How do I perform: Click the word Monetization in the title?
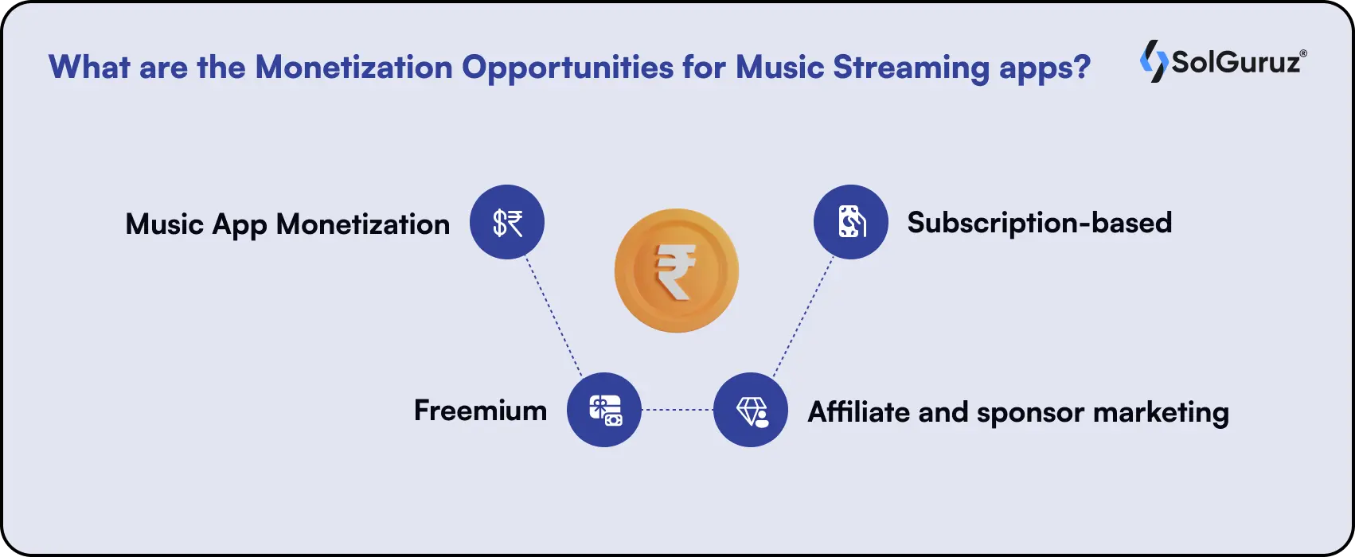(353, 67)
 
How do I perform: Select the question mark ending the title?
(1082, 67)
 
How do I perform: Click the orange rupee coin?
(676, 271)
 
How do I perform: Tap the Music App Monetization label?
(287, 224)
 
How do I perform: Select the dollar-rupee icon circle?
(507, 222)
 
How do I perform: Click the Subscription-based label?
(1039, 223)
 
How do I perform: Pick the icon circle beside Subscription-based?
(850, 222)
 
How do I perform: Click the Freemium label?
(480, 411)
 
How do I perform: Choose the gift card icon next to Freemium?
(604, 410)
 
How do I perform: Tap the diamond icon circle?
(750, 410)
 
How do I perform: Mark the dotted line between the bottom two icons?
(677, 410)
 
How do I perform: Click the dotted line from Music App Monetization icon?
(553, 317)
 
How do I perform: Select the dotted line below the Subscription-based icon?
(802, 317)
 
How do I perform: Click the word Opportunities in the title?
(568, 67)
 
